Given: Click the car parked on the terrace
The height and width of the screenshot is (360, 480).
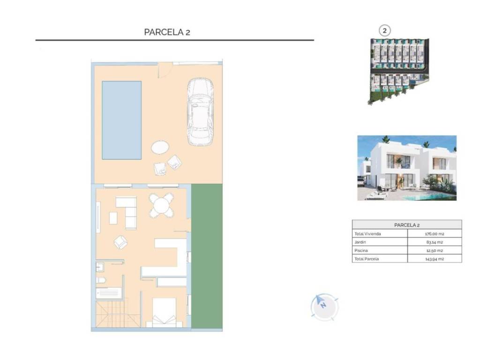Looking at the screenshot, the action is coord(200,112).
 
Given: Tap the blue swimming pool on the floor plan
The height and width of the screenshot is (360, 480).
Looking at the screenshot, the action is coord(121,120).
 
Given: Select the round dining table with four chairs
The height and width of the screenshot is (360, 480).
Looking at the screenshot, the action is coord(161,205).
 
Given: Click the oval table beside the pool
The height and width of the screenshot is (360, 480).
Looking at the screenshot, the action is coord(160,147).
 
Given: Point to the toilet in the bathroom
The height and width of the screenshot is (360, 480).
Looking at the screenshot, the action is coord(101,280).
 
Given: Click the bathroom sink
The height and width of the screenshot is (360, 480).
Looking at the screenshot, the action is coord(100,267).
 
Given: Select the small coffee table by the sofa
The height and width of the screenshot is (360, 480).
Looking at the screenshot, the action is coord(113,218).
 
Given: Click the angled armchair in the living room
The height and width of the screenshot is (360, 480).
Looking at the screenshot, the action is coord(120,242).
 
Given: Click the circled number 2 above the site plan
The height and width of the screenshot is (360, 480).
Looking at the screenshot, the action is coord(384,30).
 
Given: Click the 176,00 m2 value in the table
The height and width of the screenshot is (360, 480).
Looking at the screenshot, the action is coord(435,234).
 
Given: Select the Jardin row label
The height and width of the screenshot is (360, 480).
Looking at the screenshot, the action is coord(360,242).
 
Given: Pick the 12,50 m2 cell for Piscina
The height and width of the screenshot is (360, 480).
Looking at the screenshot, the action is coord(435,250).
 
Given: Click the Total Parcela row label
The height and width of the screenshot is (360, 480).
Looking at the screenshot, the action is coord(367,259).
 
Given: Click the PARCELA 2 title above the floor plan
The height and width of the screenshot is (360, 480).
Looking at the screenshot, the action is coord(167,32).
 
